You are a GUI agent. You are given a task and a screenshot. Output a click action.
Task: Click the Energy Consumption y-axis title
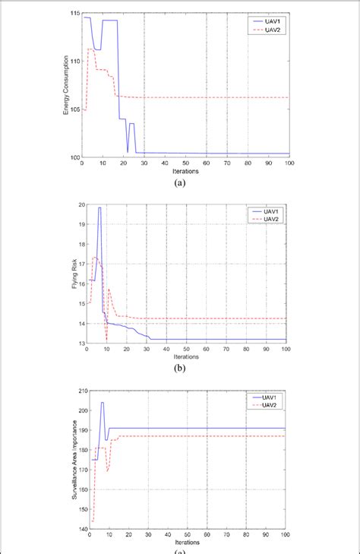[x=67, y=84]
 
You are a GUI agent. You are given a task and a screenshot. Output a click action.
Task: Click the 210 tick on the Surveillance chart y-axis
[x=74, y=391]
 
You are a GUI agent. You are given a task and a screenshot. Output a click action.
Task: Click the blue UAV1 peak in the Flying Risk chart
[x=99, y=207]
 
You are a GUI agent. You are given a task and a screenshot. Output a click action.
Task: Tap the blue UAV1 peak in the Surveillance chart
[x=102, y=403]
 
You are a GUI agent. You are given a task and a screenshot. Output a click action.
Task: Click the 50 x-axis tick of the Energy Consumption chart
[x=186, y=163]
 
